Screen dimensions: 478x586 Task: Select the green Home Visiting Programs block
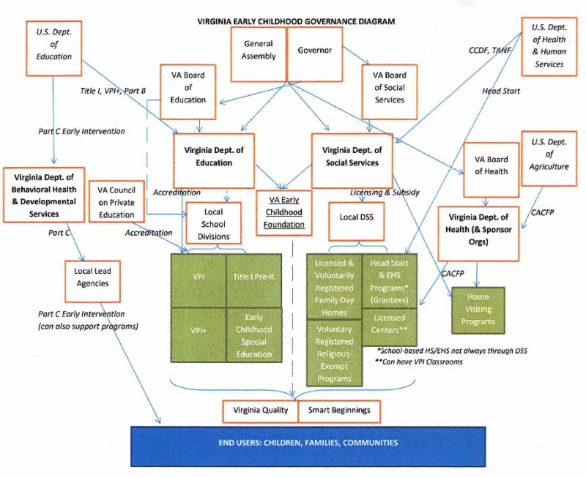point(478,309)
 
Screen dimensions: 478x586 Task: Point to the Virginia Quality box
point(261,411)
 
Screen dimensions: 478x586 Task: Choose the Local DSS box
point(357,217)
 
